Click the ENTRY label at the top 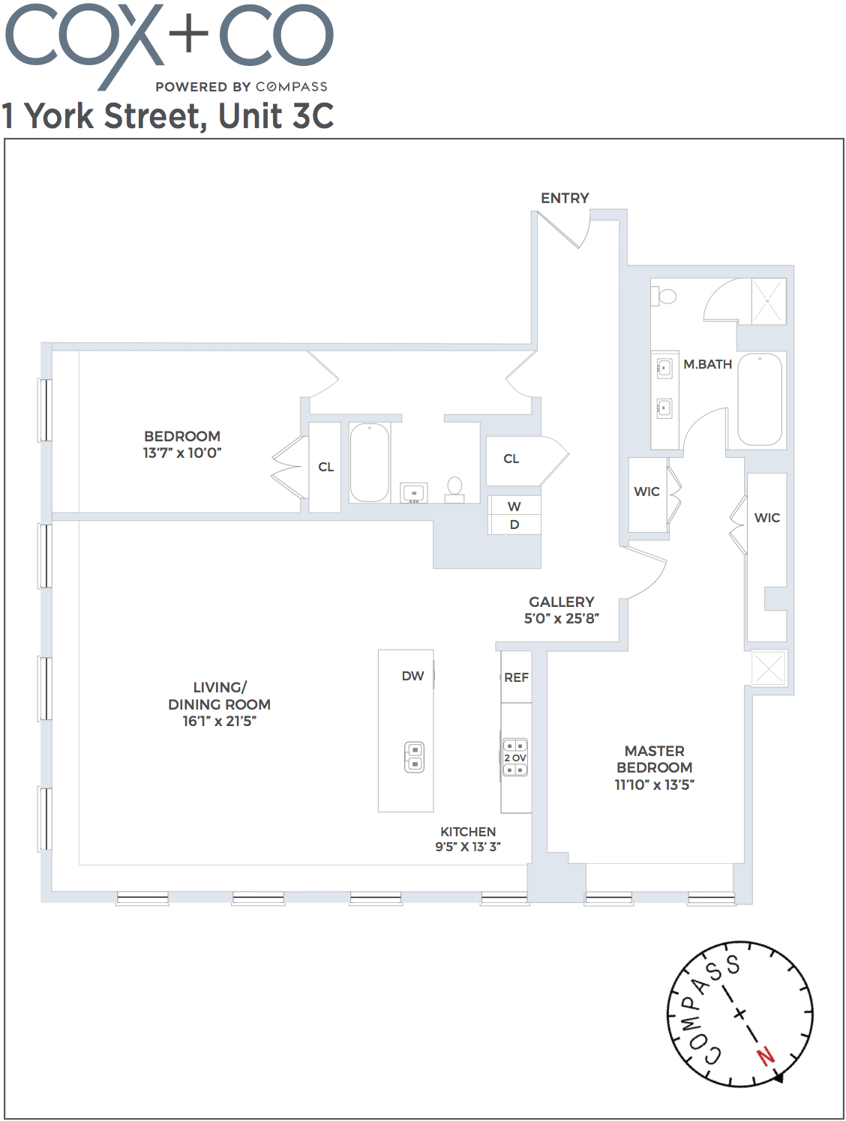tap(565, 198)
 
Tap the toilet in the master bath tap(665, 296)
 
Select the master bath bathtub tap(760, 399)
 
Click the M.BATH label tap(707, 364)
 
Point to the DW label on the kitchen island tap(412, 676)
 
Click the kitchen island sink tap(414, 756)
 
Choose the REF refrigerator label tap(516, 677)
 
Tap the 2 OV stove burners tap(515, 758)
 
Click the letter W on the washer tap(514, 507)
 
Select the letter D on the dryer tap(514, 525)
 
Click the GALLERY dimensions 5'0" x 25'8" tap(561, 619)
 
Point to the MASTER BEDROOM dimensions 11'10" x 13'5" tap(654, 785)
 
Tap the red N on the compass tap(765, 1056)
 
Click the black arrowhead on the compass tap(778, 1078)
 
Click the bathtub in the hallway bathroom tap(369, 462)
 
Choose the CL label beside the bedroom tap(325, 467)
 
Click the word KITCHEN tap(468, 832)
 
